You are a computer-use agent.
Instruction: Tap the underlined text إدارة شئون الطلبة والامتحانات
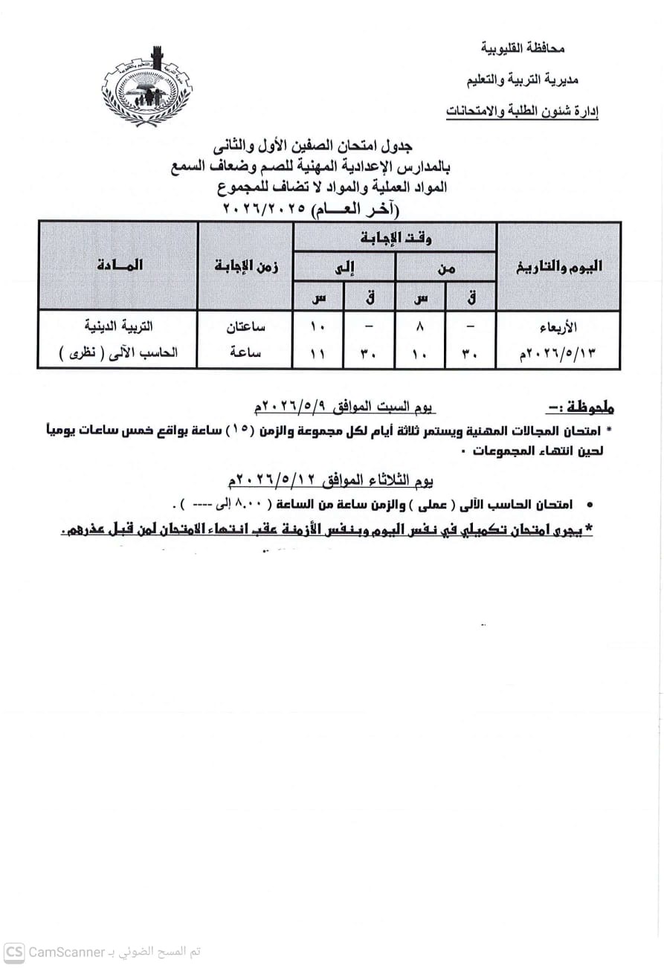[x=522, y=112]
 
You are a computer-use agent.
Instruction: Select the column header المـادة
[x=119, y=265]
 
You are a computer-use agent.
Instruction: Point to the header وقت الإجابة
[x=395, y=237]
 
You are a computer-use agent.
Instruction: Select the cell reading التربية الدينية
[x=119, y=326]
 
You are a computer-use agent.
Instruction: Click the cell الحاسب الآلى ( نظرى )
[x=119, y=353]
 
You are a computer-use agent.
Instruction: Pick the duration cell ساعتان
[x=246, y=326]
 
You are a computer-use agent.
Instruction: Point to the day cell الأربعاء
[x=558, y=326]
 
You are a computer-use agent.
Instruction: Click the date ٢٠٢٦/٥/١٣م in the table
[x=558, y=353]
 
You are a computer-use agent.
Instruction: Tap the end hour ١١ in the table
[x=318, y=354]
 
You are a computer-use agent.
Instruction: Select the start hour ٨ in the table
[x=421, y=326]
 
